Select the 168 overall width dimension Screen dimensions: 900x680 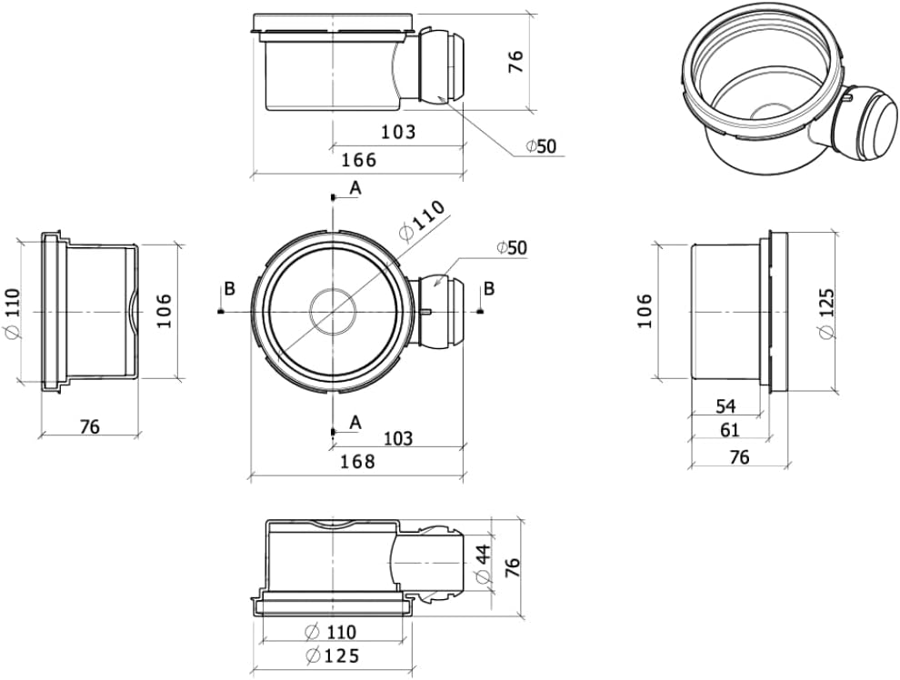(x=357, y=461)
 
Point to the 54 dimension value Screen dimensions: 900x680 (x=725, y=406)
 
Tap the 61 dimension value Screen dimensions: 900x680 (x=729, y=429)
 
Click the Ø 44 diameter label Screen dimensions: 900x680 (x=483, y=563)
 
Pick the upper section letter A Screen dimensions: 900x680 (x=355, y=187)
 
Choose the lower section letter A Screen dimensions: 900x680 (x=355, y=423)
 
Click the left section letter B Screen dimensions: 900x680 (x=230, y=289)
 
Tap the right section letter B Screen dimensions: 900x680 (x=489, y=289)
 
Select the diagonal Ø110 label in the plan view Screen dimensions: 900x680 (x=422, y=220)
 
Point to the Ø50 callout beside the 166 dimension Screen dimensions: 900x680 (x=541, y=146)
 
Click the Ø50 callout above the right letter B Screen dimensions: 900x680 (x=512, y=248)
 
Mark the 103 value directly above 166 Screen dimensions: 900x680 (x=398, y=132)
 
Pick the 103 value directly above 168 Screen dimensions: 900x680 (x=398, y=439)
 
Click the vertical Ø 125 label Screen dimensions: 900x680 (x=827, y=314)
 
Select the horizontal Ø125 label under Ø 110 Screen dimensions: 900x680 (x=333, y=655)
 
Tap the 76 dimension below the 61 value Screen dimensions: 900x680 (x=739, y=456)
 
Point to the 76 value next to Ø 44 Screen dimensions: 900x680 (x=513, y=567)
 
